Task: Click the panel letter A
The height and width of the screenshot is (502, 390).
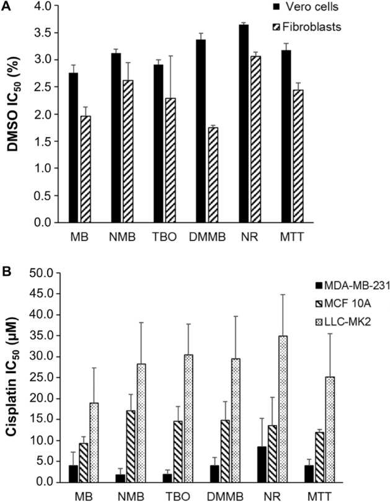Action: point(6,6)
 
